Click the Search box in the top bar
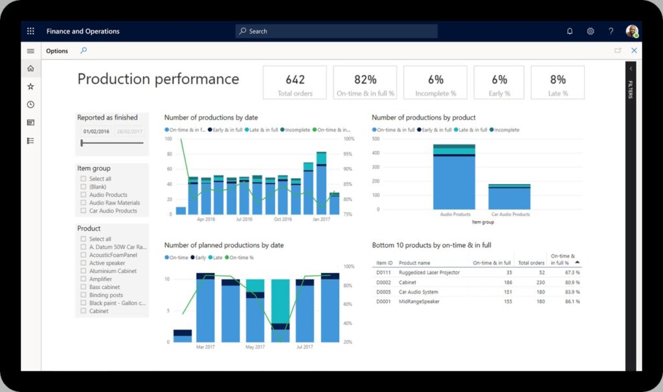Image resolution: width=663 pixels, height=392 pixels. tap(337, 31)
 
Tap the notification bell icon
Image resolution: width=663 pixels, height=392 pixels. tap(570, 31)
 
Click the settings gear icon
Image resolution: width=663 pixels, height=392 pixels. tap(590, 31)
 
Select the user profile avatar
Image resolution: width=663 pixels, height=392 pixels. tap(631, 31)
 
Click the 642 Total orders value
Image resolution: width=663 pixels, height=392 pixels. tap(295, 80)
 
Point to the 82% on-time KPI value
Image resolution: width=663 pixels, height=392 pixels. tap(365, 80)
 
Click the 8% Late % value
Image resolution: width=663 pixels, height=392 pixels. tap(557, 80)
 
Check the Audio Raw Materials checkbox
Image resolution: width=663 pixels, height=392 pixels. tap(84, 203)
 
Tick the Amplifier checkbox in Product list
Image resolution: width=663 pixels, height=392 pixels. tap(84, 279)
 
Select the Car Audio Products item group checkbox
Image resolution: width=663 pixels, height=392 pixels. tap(84, 211)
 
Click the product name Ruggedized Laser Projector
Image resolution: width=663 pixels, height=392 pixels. tap(429, 273)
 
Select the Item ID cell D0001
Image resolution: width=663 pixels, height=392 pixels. tap(384, 302)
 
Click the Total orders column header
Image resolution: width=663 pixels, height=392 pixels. tap(531, 263)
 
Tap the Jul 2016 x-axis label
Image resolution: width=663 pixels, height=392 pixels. tap(244, 219)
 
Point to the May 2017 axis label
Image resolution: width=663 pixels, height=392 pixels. tap(255, 347)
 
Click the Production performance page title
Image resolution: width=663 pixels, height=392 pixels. tap(158, 79)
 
